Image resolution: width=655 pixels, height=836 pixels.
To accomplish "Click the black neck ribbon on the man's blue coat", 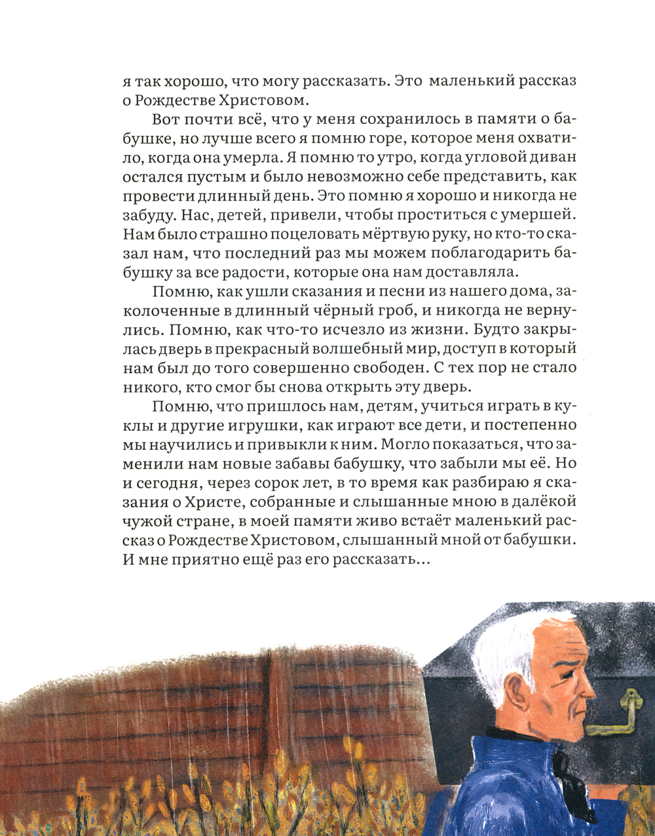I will pyautogui.click(x=561, y=767).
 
